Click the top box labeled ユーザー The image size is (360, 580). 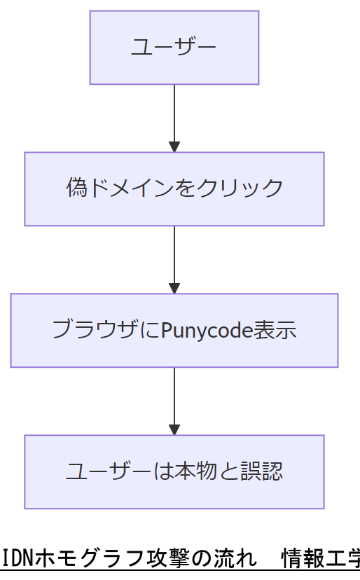[174, 47]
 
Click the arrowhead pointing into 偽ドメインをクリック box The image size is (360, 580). [174, 147]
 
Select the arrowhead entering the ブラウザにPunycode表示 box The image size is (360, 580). [174, 289]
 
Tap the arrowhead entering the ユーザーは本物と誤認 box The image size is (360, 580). [174, 430]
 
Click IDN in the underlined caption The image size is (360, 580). [13, 559]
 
